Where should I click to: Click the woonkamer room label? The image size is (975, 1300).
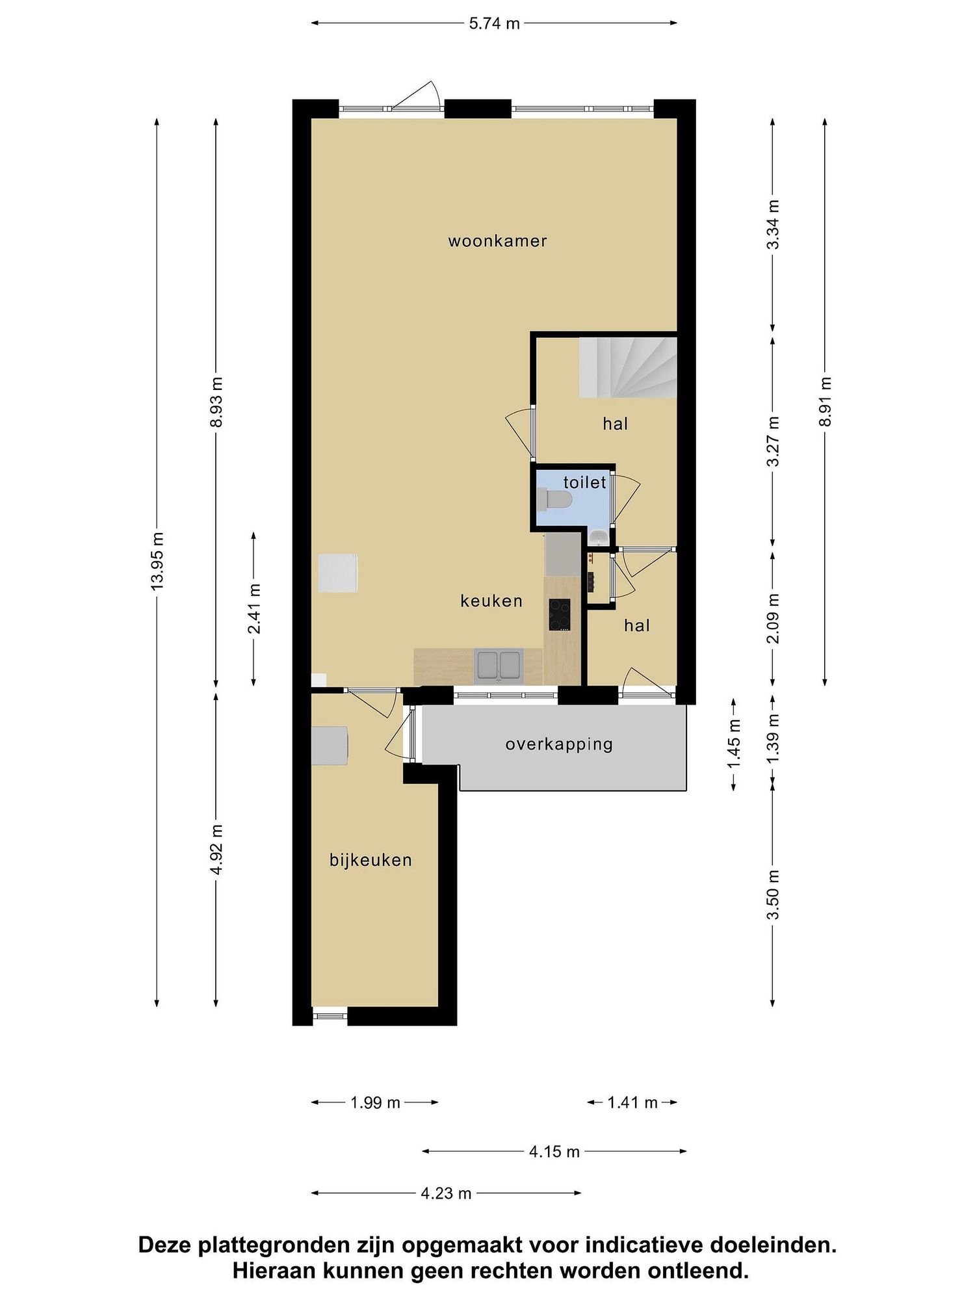497,241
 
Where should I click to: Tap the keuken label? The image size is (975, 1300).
491,601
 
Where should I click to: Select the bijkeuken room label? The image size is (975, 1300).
370,861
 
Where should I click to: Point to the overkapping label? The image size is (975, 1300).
559,745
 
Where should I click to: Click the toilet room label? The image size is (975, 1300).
584,482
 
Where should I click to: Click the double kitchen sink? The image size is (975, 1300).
499,666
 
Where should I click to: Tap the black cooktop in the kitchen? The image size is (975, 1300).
560,615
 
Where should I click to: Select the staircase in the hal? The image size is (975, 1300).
628,368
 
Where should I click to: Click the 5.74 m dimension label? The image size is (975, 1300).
495,23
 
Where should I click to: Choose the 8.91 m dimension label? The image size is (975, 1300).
825,402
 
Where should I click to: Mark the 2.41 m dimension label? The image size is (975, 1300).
254,609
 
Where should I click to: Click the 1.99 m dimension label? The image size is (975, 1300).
375,1102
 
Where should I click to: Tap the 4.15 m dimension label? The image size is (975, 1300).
554,1152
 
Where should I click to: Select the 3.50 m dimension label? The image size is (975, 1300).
773,895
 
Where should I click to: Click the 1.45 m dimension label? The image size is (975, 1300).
734,744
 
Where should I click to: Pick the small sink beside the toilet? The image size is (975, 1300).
599,537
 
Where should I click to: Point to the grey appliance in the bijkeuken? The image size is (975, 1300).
330,746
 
